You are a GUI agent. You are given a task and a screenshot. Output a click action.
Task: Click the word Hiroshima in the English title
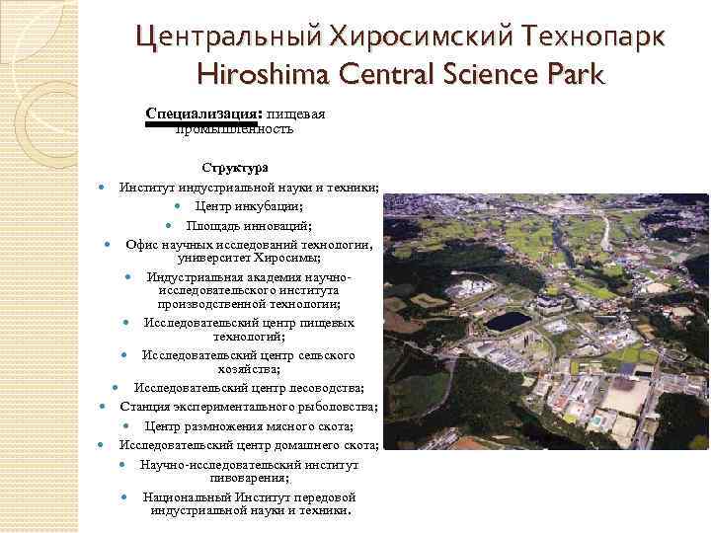262,74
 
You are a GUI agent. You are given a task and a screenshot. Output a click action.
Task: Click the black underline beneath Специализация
200,124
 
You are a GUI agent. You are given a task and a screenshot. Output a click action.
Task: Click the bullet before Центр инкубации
177,206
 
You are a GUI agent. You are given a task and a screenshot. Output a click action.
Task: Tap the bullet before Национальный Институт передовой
123,496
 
